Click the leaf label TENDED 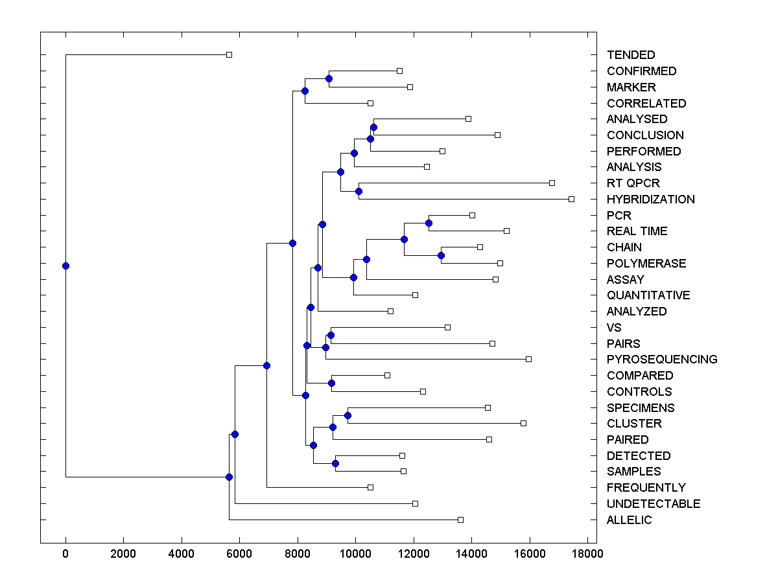pyautogui.click(x=631, y=55)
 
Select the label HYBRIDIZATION pyautogui.click(x=650, y=200)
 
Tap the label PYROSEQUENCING pyautogui.click(x=662, y=360)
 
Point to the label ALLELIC pyautogui.click(x=629, y=520)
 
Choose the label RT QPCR pyautogui.click(x=633, y=183)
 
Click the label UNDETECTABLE pyautogui.click(x=654, y=504)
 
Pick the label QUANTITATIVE pyautogui.click(x=648, y=295)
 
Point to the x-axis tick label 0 pyautogui.click(x=65, y=554)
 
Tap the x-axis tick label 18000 pyautogui.click(x=587, y=554)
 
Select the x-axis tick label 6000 pyautogui.click(x=239, y=554)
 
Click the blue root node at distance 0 pyautogui.click(x=65, y=266)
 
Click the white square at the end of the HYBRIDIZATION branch pyautogui.click(x=571, y=199)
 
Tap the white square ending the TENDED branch pyautogui.click(x=229, y=55)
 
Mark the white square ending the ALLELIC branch pyautogui.click(x=460, y=520)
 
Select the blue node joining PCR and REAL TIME pyautogui.click(x=429, y=223)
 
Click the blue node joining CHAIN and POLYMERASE pyautogui.click(x=441, y=255)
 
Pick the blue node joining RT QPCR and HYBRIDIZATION pyautogui.click(x=359, y=191)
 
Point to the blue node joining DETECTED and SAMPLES pyautogui.click(x=335, y=463)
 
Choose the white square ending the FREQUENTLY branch pyautogui.click(x=370, y=487)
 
